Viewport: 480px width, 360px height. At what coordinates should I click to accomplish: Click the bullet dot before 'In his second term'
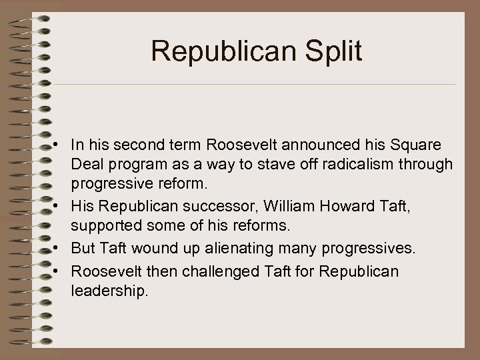[x=60, y=146]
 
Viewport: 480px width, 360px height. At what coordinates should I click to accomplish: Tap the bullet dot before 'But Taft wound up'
[x=60, y=249]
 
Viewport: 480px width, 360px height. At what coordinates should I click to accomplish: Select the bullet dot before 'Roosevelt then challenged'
[x=60, y=272]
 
